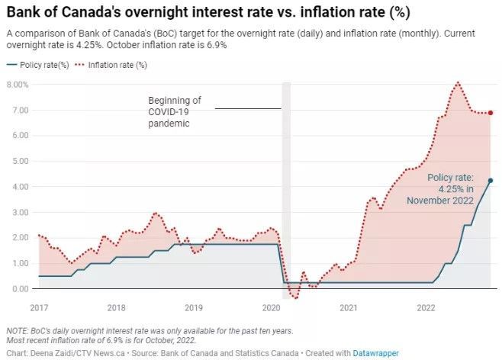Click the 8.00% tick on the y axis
tap(18, 85)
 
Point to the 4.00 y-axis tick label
tap(20, 187)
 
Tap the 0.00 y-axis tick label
tap(20, 289)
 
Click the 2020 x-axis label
tap(271, 307)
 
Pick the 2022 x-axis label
tap(426, 307)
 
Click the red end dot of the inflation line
tap(491, 113)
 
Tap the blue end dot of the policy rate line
tap(491, 181)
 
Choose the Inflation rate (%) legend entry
tap(114, 65)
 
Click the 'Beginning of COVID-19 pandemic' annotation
tap(175, 111)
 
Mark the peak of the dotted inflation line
tap(458, 82)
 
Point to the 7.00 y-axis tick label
tap(20, 111)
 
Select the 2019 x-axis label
tap(194, 307)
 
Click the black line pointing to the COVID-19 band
tap(248, 108)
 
